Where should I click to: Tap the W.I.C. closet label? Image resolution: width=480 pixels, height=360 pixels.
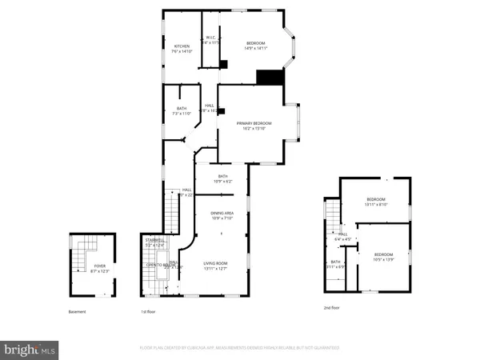(211, 38)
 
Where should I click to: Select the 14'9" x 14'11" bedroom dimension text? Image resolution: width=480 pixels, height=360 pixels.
(256, 48)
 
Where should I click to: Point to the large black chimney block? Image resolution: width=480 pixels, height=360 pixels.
(270, 77)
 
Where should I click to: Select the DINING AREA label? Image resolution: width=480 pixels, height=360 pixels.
(222, 213)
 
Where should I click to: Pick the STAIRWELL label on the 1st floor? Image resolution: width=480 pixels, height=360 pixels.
(154, 239)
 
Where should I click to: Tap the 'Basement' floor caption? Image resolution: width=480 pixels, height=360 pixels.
(77, 311)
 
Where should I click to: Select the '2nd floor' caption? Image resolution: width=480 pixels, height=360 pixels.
(331, 307)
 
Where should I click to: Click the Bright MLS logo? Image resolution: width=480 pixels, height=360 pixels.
(30, 349)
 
